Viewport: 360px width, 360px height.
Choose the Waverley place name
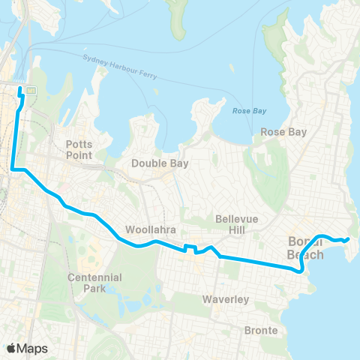tap(226, 299)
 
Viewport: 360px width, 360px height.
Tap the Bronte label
tap(261, 330)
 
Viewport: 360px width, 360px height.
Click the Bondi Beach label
tap(306, 248)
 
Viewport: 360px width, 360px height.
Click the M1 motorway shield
tap(31, 90)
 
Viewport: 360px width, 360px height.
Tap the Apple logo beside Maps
tap(12, 348)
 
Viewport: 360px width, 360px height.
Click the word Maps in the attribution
tap(34, 348)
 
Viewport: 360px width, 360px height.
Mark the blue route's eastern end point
tap(348, 239)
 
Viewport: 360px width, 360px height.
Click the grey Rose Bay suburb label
tap(283, 132)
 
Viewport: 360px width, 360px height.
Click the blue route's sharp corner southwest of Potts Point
tap(13, 170)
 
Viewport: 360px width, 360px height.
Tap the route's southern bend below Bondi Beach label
tap(301, 271)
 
